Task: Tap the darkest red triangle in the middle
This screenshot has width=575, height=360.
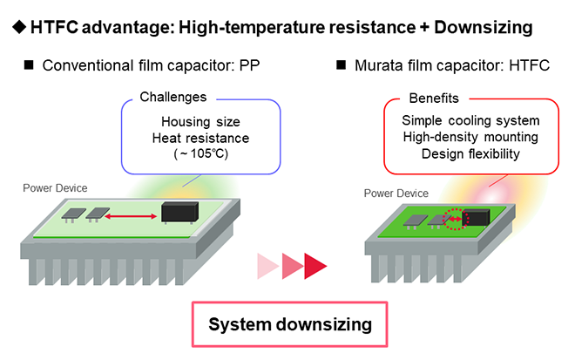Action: pos(315,265)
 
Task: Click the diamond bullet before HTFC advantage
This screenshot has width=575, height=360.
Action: pos(17,28)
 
